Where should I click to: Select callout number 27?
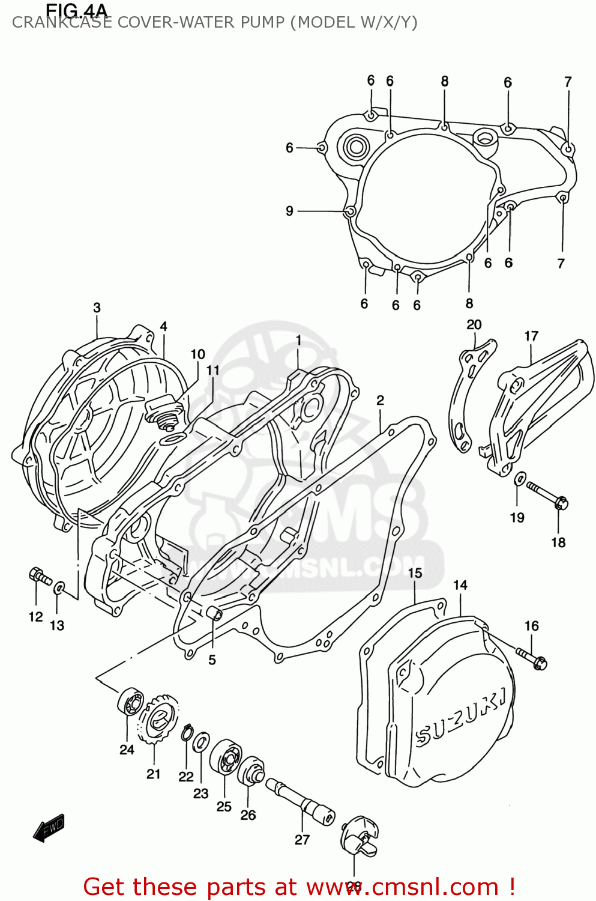(302, 839)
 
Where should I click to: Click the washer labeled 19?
(520, 479)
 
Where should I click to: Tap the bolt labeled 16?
(532, 658)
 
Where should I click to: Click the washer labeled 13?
(59, 587)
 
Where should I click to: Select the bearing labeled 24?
(129, 702)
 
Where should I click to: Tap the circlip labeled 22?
(186, 733)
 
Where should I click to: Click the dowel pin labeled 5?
(214, 614)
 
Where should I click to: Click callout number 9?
(289, 211)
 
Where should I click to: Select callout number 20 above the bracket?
(474, 324)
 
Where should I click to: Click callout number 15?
(415, 573)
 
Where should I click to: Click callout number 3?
(97, 308)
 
